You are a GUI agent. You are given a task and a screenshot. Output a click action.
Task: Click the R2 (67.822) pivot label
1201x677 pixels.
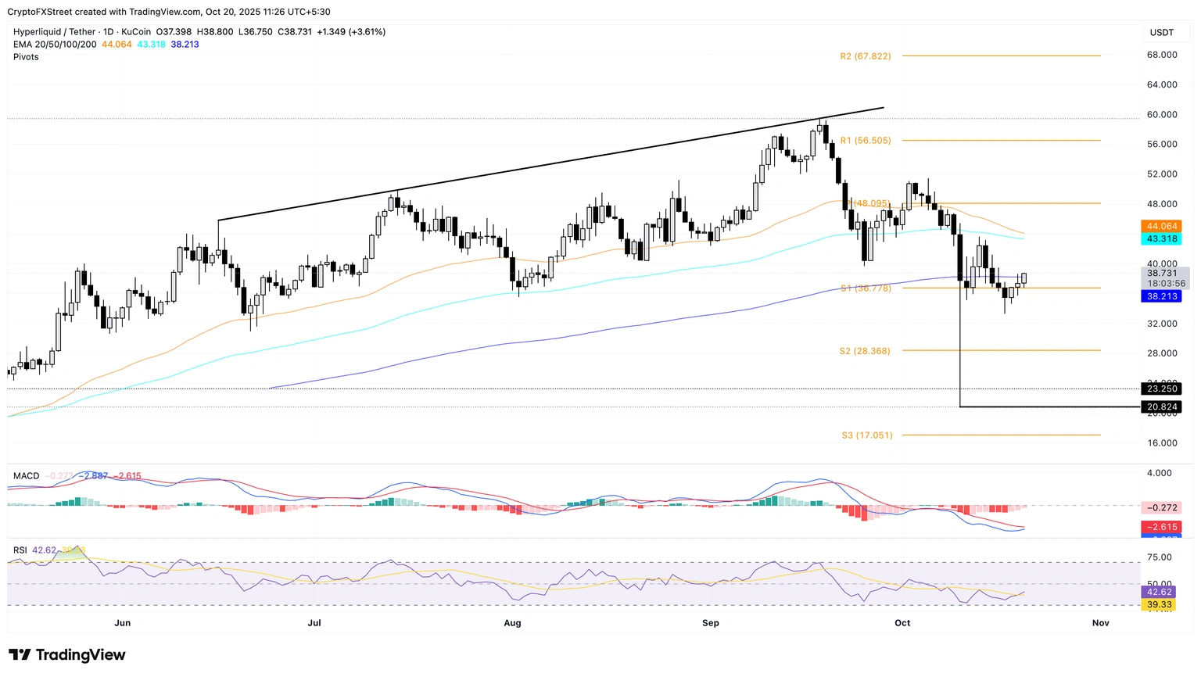(865, 56)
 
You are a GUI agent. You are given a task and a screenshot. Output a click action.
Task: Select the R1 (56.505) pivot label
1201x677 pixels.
(865, 141)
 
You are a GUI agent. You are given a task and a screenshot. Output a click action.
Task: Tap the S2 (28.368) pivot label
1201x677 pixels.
(864, 351)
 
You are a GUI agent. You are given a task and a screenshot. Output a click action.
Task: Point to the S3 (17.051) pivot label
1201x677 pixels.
(866, 435)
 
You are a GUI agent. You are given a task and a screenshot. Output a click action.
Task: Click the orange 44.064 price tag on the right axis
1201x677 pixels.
(1161, 227)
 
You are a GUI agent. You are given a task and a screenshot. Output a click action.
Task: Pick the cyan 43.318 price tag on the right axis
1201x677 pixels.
(1161, 239)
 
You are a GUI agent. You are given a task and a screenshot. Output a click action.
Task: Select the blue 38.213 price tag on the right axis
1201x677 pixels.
(1161, 297)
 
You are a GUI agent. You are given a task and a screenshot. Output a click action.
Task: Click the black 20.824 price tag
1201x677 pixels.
(1161, 407)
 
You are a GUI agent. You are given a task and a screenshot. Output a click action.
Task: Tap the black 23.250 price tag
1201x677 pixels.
(1161, 389)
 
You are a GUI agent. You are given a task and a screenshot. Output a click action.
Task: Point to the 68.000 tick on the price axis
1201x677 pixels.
(1162, 55)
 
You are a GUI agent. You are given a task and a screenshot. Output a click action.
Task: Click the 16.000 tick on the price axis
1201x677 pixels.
(1162, 443)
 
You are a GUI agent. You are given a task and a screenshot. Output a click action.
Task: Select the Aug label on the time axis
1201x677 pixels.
(512, 623)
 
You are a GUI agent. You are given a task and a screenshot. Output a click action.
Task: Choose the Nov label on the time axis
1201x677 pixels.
(1100, 623)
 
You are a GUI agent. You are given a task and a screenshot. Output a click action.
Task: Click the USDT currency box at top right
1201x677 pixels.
(1161, 32)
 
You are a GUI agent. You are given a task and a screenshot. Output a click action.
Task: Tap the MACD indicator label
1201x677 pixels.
(26, 476)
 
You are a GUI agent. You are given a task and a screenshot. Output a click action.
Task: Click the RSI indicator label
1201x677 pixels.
(20, 550)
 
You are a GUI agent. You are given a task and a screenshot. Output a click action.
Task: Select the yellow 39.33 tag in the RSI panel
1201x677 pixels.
(1159, 605)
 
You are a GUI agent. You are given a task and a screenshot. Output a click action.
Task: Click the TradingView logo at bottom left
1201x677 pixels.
(67, 655)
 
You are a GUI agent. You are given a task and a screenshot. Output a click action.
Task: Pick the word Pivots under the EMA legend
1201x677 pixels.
(26, 57)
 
